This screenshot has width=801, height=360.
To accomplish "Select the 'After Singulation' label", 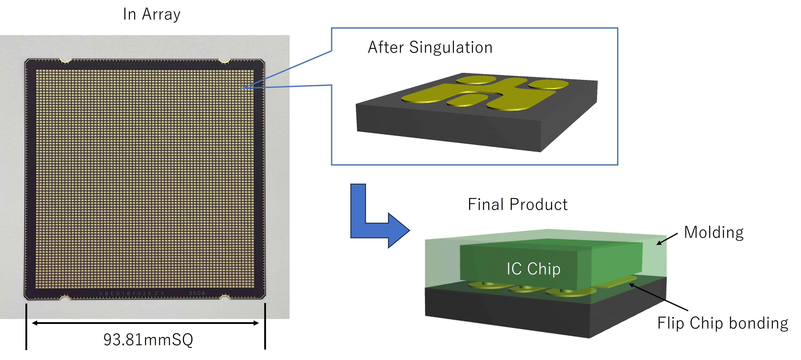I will pos(430,48).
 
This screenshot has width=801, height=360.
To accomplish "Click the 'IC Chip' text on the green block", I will pos(533,269).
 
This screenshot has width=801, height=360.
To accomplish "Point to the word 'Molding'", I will pos(714,232).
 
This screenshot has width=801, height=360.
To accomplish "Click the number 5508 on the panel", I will pos(197,293).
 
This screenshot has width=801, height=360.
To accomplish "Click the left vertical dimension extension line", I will pos(26,326).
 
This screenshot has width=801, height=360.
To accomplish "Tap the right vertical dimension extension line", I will pos(265,326).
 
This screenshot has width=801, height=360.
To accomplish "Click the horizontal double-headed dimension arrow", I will pos(145,323).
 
